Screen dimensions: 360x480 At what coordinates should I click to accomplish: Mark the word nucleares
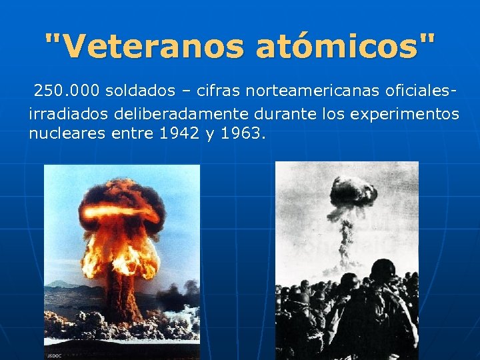click(63, 133)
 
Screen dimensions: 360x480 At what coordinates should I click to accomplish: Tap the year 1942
click(179, 133)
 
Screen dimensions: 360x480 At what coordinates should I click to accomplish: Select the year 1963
click(242, 133)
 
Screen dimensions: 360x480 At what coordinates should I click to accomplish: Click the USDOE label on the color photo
click(53, 355)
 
